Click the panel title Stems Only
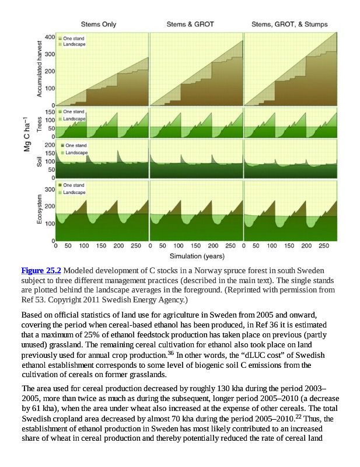coord(98,25)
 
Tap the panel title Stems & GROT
coord(190,25)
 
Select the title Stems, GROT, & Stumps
coord(289,25)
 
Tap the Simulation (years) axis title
coord(197,256)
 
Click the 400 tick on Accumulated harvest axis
coord(50,37)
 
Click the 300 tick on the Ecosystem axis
coord(50,191)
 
